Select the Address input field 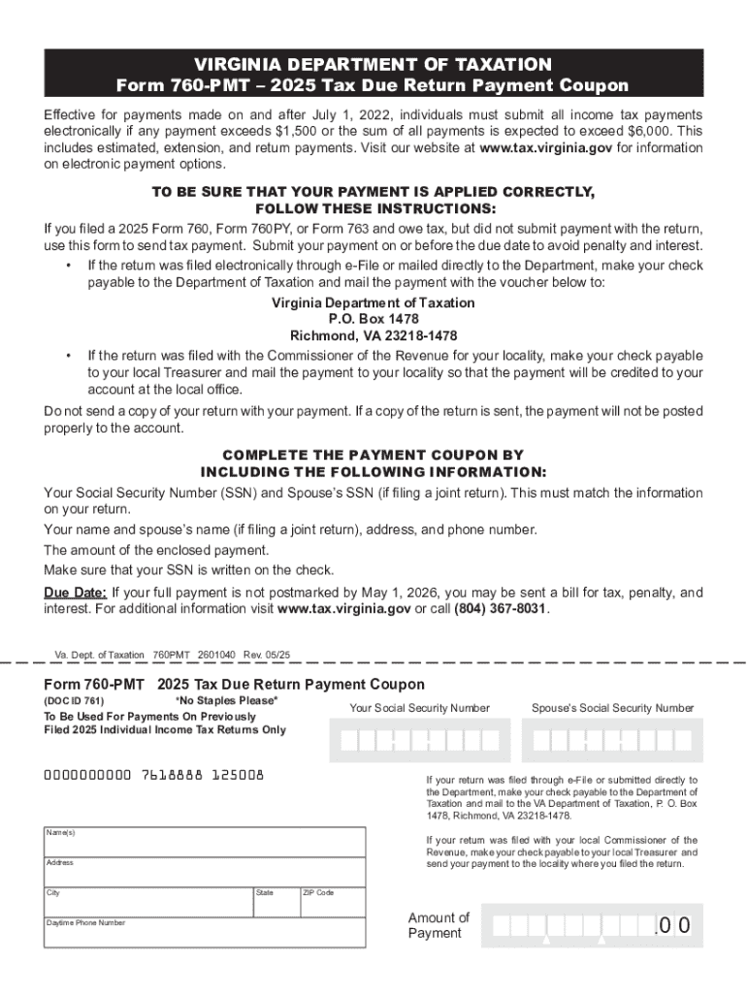(x=204, y=872)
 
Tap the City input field (x=146, y=901)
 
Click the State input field (x=275, y=901)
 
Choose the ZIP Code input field (x=331, y=901)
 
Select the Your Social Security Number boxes (x=419, y=741)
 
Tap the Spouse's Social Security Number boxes (x=612, y=741)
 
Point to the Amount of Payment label (x=438, y=925)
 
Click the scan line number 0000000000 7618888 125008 (x=153, y=776)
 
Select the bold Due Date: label (x=76, y=593)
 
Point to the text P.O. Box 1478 (x=373, y=319)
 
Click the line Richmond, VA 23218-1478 (x=373, y=336)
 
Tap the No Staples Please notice (x=226, y=700)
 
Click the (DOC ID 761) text (x=74, y=700)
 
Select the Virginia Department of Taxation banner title (x=373, y=64)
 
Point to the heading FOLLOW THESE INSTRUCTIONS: (x=373, y=209)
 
